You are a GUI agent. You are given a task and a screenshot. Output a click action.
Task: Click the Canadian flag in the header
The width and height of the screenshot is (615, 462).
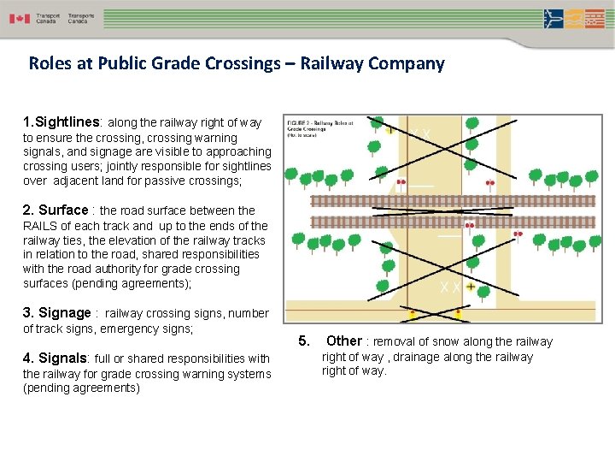(x=20, y=18)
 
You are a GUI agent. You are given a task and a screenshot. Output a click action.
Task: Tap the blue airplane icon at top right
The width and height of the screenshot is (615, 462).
(x=553, y=18)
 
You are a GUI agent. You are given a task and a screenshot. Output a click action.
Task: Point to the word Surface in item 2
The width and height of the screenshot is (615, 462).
(x=63, y=210)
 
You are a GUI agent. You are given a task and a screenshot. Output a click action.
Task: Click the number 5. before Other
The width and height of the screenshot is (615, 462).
(x=304, y=341)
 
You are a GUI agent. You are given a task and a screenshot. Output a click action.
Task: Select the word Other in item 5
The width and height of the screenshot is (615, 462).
(x=344, y=341)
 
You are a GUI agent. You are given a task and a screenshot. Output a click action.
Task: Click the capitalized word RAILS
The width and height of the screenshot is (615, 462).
(x=40, y=226)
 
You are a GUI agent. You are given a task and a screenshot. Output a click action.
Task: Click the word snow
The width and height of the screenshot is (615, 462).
(x=443, y=342)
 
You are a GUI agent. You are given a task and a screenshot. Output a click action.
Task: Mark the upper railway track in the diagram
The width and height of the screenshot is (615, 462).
(x=441, y=201)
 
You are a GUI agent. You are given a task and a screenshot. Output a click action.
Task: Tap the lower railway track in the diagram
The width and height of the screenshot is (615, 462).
(x=441, y=222)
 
